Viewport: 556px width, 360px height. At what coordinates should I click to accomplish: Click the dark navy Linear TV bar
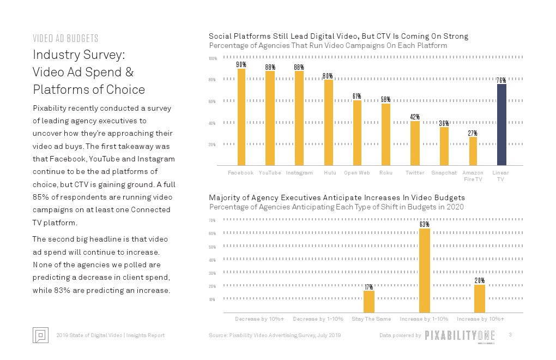pos(501,124)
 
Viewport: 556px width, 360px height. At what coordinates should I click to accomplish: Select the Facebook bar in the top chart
pos(241,117)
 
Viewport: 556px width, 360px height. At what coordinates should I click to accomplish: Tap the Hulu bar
pos(328,123)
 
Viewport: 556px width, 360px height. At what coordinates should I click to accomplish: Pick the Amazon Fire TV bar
pos(473,151)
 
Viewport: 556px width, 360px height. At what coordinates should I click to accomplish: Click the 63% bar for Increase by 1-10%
pos(425,271)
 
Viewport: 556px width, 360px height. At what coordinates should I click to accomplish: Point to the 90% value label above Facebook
pos(241,64)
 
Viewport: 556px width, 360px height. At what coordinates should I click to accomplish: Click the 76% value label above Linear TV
pos(501,80)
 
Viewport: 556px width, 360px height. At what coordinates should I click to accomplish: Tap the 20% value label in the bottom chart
pos(480,280)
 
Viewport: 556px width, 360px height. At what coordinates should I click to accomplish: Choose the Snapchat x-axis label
pos(444,173)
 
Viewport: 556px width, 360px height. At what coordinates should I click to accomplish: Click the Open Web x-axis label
pos(357,173)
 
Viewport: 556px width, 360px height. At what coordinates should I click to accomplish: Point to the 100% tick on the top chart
pos(213,58)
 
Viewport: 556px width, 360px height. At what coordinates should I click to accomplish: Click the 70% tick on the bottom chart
pos(213,220)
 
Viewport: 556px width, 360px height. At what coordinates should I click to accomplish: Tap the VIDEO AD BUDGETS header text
pos(65,38)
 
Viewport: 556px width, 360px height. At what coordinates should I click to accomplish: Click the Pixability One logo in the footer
pos(459,335)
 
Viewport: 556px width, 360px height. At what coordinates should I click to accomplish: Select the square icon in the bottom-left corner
pos(41,335)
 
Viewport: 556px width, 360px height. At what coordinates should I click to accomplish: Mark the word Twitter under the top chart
pos(415,173)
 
